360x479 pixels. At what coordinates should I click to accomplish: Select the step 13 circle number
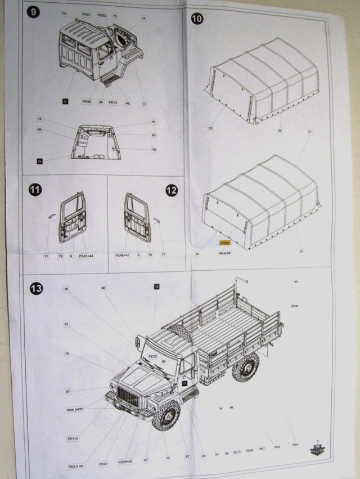point(37,289)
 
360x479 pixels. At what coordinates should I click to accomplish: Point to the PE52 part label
point(102,15)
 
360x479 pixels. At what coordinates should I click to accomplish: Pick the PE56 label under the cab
point(86,102)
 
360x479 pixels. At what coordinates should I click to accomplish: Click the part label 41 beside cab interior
point(153,122)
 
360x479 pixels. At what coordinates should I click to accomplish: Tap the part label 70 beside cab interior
point(153,149)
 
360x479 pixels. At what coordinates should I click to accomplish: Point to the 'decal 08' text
point(224,253)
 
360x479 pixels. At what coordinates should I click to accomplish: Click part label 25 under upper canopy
point(210,129)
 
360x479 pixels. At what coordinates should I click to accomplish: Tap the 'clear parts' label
point(75,409)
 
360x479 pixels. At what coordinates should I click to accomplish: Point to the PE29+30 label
point(126,461)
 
